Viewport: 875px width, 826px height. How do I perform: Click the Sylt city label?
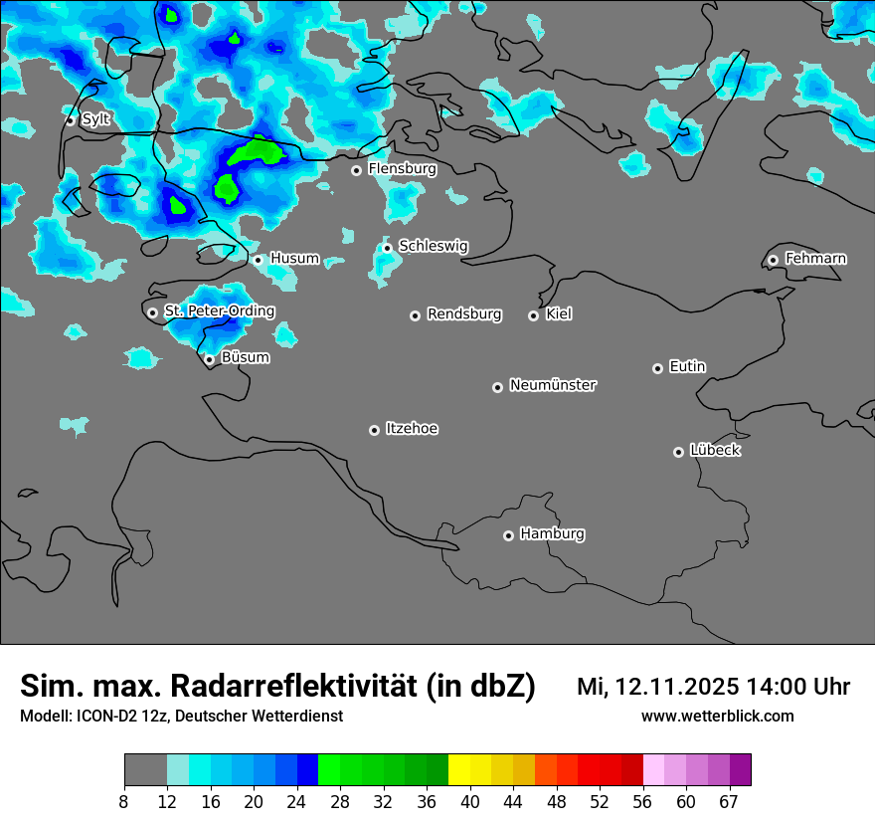click(x=96, y=119)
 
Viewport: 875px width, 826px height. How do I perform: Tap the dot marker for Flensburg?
click(x=356, y=170)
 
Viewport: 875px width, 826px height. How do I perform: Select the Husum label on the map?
click(x=294, y=259)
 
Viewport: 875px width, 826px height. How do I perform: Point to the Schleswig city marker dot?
click(x=387, y=248)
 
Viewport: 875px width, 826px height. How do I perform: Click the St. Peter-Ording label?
click(x=219, y=311)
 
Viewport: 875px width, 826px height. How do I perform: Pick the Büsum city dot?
click(x=209, y=359)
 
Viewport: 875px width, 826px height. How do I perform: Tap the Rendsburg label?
click(x=464, y=314)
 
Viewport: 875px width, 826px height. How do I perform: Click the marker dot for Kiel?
click(x=533, y=315)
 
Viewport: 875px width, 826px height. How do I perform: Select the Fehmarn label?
click(x=815, y=259)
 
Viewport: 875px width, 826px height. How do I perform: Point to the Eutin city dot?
click(x=657, y=368)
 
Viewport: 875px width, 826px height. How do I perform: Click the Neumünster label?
click(x=553, y=385)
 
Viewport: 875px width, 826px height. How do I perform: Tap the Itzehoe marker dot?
click(x=374, y=430)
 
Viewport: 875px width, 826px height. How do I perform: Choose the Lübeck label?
click(x=715, y=451)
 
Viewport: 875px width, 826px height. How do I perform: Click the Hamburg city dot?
click(x=508, y=535)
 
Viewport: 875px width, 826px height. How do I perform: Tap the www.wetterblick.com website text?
click(x=718, y=717)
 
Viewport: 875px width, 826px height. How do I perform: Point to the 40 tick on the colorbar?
click(x=470, y=802)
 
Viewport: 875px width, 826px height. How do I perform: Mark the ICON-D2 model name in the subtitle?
click(x=104, y=717)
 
